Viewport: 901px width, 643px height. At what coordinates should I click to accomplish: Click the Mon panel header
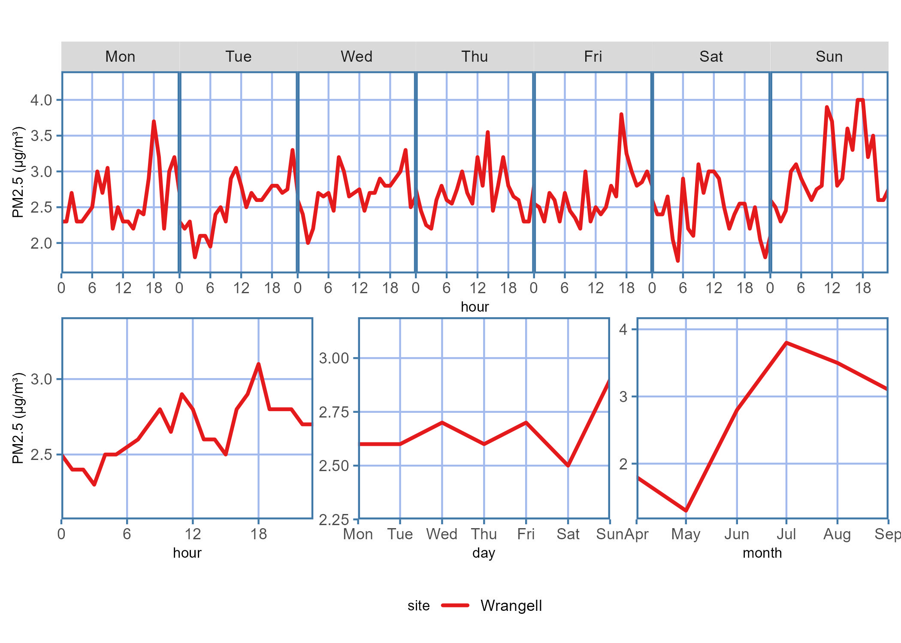pos(120,57)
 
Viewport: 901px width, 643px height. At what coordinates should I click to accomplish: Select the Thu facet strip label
pos(475,57)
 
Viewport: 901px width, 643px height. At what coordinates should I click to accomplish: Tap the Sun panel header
pos(829,57)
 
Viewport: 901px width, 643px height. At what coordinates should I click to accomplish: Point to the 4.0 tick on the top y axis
pos(41,100)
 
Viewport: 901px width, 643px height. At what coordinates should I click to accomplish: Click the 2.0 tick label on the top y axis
pos(41,243)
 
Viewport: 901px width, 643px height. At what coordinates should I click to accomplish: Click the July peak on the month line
pos(786,343)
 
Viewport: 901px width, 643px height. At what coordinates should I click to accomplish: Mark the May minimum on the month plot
pos(686,511)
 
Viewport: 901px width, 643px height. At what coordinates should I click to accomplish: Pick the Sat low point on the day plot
pos(568,466)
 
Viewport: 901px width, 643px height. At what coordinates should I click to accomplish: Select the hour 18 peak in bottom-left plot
pos(258,364)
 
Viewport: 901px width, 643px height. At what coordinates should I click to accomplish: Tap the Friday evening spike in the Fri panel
pos(621,114)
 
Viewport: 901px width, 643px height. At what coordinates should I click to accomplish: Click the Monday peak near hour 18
pos(154,122)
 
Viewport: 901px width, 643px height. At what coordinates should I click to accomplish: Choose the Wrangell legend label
pos(511,606)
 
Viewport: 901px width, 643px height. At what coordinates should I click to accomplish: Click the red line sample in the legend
pos(455,606)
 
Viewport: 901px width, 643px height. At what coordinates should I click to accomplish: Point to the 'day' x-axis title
pos(484,553)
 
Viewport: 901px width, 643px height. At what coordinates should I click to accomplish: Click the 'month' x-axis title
pos(762,553)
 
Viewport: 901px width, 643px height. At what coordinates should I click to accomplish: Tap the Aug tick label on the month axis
pos(837,534)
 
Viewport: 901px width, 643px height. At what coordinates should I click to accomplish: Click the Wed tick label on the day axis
pos(441,534)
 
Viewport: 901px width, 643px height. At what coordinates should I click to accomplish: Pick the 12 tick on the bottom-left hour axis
pos(193,534)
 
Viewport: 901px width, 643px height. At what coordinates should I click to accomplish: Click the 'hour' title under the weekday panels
pos(475,307)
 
